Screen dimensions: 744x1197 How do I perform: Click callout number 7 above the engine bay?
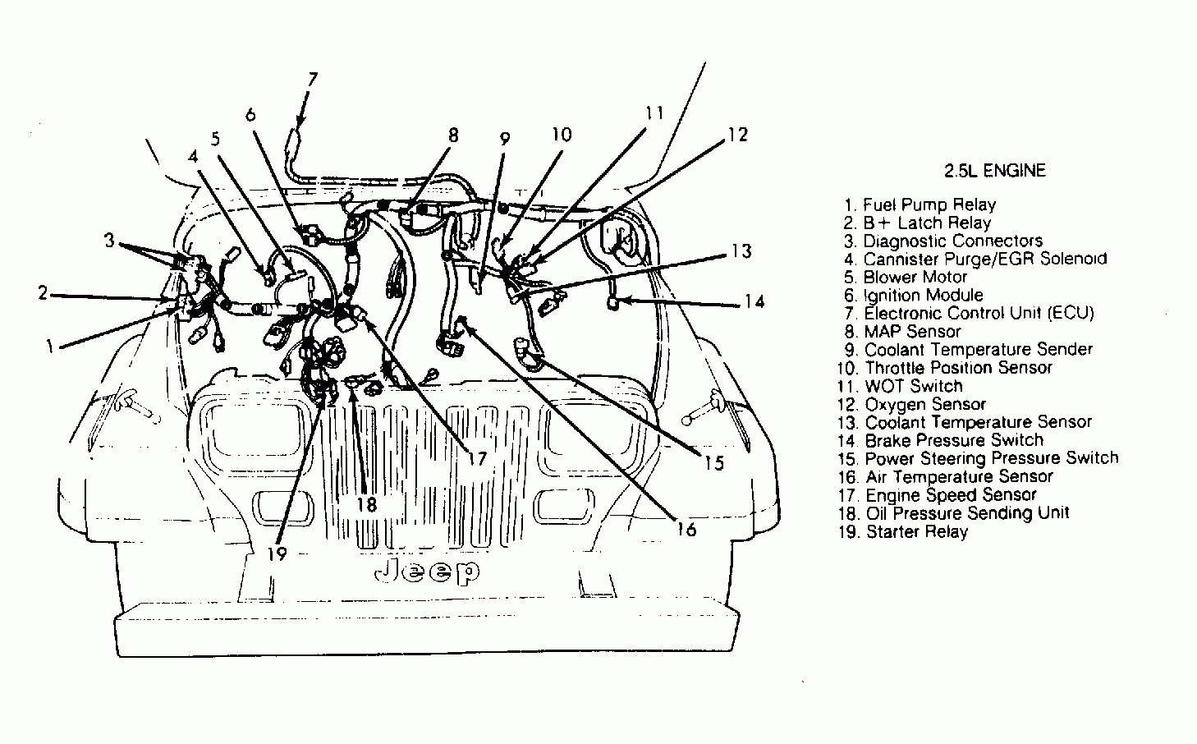coord(312,80)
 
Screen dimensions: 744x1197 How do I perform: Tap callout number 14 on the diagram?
coord(754,302)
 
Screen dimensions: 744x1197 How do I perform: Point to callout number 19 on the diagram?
coord(277,553)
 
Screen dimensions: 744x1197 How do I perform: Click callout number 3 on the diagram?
coord(109,241)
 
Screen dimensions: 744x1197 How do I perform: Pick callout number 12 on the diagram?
coord(737,134)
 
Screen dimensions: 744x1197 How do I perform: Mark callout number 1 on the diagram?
coord(50,347)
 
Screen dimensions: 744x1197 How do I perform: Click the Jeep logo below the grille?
coord(427,572)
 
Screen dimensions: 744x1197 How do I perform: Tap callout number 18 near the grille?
coord(366,504)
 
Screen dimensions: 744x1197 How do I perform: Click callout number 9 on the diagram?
coord(505,139)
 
